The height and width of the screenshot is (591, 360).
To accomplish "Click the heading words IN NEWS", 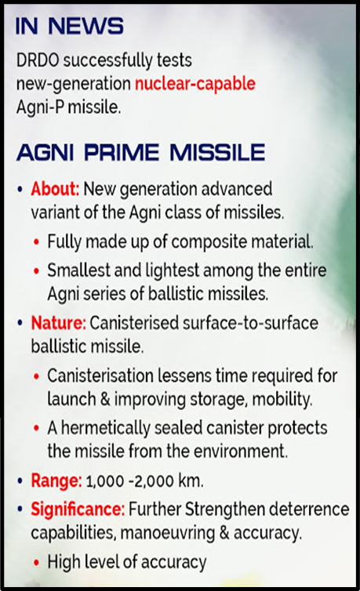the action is click(x=69, y=26).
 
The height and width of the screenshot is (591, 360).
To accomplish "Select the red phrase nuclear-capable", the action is click(x=195, y=84).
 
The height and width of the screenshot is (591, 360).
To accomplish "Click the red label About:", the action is click(x=55, y=188).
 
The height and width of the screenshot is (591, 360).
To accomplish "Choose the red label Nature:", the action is click(x=58, y=323).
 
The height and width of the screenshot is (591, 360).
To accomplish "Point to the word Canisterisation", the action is click(x=100, y=375).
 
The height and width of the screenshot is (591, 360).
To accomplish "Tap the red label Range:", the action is click(x=56, y=481).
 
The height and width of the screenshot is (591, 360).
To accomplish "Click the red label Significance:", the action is click(x=78, y=509).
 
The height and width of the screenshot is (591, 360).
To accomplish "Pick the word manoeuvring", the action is click(x=168, y=533).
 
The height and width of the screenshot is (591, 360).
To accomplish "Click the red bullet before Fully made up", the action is click(x=36, y=241).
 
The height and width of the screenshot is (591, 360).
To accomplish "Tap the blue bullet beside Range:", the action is click(x=20, y=481).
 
